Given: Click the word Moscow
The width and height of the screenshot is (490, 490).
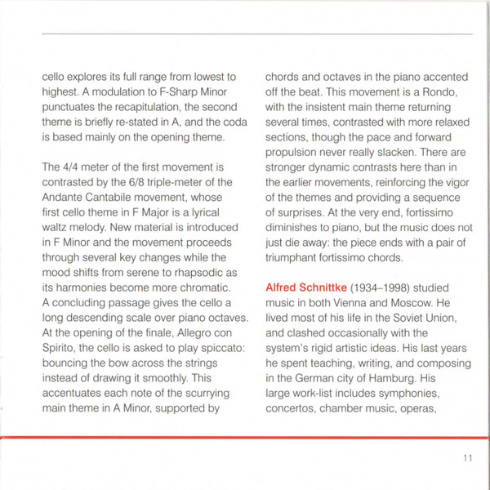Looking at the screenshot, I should [416, 305].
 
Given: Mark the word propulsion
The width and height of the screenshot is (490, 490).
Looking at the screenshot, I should [295, 164].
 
